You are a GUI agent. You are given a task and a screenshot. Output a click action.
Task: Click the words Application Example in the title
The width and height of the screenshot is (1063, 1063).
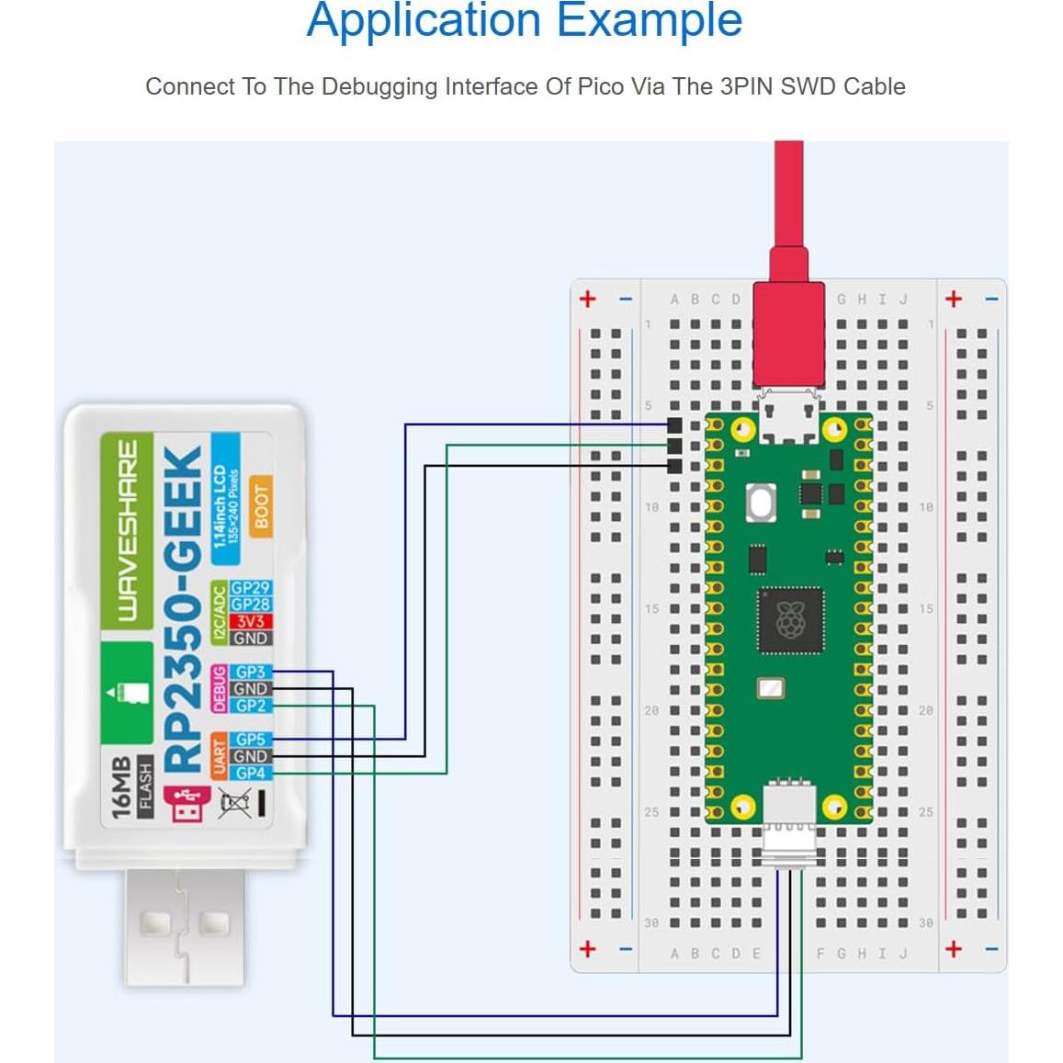tap(524, 20)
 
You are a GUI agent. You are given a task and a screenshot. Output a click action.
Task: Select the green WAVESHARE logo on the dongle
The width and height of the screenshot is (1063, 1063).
tap(127, 528)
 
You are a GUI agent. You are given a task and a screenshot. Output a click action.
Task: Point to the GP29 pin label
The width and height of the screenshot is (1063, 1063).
tap(250, 588)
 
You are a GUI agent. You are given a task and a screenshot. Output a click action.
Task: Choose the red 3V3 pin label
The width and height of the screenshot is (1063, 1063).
tap(250, 622)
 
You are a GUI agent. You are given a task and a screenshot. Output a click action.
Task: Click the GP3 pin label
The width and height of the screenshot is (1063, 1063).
tap(250, 673)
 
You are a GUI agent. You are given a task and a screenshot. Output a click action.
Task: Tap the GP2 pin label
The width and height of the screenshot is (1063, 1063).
tap(250, 706)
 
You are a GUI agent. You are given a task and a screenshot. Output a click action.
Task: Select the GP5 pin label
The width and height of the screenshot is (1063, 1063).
tap(250, 740)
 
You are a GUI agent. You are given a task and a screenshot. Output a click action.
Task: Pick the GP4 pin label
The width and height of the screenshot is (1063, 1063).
tap(250, 774)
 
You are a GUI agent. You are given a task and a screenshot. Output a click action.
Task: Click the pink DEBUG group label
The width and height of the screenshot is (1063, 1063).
tap(219, 689)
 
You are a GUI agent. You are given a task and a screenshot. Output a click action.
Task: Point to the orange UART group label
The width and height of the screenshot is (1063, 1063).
tap(219, 756)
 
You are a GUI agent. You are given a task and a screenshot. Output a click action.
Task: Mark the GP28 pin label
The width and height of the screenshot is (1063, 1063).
tap(250, 605)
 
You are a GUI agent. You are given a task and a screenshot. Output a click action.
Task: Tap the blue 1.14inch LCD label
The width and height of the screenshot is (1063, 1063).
tap(225, 505)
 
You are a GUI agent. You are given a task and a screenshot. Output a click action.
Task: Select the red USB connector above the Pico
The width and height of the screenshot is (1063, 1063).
tap(789, 335)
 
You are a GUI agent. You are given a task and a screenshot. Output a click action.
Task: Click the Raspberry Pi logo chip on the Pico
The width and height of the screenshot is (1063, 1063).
tap(789, 621)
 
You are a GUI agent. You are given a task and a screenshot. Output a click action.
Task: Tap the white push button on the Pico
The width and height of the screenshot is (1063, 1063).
tap(761, 503)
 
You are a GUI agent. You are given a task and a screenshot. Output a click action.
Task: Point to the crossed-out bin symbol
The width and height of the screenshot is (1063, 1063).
tap(234, 803)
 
